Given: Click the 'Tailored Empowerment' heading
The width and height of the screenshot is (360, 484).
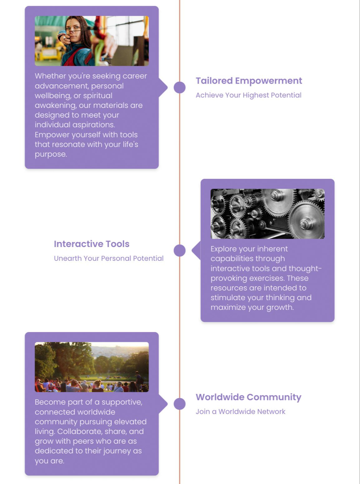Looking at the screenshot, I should point(249,81).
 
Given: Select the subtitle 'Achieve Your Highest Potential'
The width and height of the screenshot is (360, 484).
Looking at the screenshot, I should point(249,95).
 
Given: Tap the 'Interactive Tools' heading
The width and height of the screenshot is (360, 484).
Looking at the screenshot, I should point(92,244).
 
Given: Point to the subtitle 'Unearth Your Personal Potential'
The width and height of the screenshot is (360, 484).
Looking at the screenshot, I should point(109,258).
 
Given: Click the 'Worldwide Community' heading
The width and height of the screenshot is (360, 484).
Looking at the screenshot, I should point(249,397).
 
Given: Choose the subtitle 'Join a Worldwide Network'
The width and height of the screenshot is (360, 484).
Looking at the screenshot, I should point(240,412).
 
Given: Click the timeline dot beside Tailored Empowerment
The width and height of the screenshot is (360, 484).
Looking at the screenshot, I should point(180,87).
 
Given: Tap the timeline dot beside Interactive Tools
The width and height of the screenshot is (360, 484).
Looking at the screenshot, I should point(180,250).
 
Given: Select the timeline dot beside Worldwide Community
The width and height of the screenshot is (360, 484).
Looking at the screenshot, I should point(180,404).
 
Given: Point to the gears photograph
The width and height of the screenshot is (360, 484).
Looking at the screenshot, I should point(267,214).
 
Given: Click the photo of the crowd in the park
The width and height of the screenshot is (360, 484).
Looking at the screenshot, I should point(92,367).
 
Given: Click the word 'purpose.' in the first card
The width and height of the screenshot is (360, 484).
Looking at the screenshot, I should point(51,154).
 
